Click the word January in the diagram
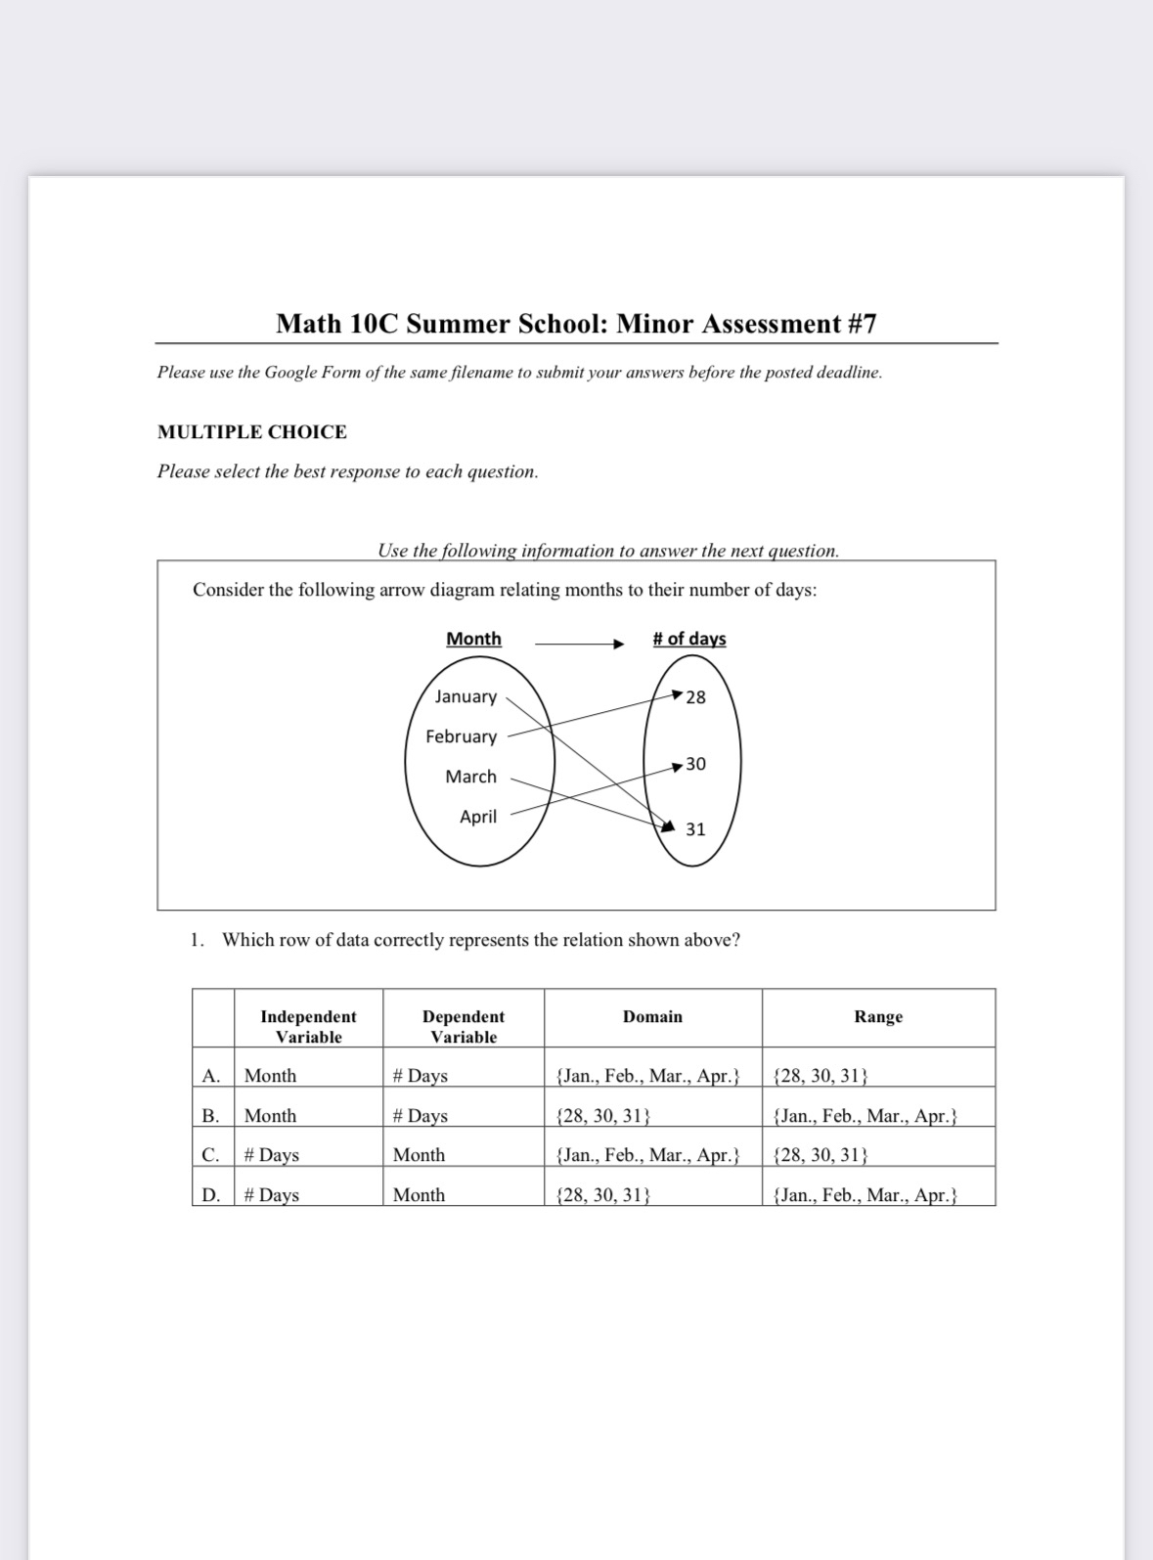pyautogui.click(x=466, y=696)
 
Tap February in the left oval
pyautogui.click(x=461, y=736)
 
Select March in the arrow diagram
pyautogui.click(x=470, y=777)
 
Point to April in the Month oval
pyautogui.click(x=478, y=817)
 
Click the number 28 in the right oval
pyautogui.click(x=695, y=697)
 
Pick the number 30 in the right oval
pyautogui.click(x=695, y=764)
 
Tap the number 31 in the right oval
pyautogui.click(x=695, y=829)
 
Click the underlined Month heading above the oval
pyautogui.click(x=473, y=639)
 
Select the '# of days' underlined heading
pyautogui.click(x=689, y=639)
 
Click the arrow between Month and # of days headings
pyautogui.click(x=578, y=644)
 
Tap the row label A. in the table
pyautogui.click(x=210, y=1076)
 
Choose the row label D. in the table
pyautogui.click(x=210, y=1195)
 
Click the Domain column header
pyautogui.click(x=652, y=1017)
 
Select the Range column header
pyautogui.click(x=878, y=1017)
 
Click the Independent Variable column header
pyautogui.click(x=308, y=1027)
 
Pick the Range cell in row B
pyautogui.click(x=865, y=1116)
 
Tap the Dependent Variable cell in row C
pyautogui.click(x=419, y=1155)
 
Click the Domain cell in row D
pyautogui.click(x=602, y=1195)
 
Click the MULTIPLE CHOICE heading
pyautogui.click(x=252, y=432)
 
